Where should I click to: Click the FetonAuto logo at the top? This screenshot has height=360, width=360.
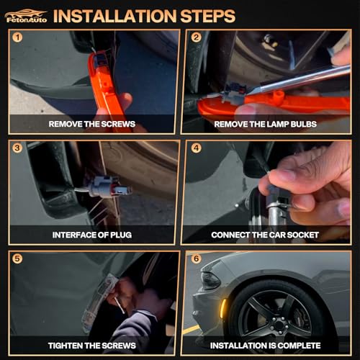pyautogui.click(x=26, y=16)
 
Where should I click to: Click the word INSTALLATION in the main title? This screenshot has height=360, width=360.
pyautogui.click(x=114, y=16)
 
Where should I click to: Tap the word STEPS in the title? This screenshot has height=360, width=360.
pyautogui.click(x=207, y=16)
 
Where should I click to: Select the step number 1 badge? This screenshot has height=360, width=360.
pyautogui.click(x=17, y=37)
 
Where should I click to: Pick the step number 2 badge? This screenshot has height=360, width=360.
pyautogui.click(x=196, y=37)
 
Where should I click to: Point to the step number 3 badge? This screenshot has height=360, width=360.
pyautogui.click(x=17, y=148)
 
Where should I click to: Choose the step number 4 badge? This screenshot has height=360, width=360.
pyautogui.click(x=196, y=148)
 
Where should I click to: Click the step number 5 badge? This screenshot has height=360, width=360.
pyautogui.click(x=17, y=258)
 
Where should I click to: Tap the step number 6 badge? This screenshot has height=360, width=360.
pyautogui.click(x=196, y=258)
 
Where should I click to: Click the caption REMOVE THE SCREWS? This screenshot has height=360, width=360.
pyautogui.click(x=92, y=124)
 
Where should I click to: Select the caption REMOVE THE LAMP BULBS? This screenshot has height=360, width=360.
pyautogui.click(x=265, y=124)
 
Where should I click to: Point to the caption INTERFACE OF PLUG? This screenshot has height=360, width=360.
pyautogui.click(x=92, y=235)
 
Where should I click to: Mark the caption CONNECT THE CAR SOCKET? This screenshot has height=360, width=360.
pyautogui.click(x=265, y=235)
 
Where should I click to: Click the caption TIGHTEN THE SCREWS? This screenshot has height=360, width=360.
pyautogui.click(x=92, y=346)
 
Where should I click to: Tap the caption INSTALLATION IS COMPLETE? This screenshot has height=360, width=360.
pyautogui.click(x=265, y=346)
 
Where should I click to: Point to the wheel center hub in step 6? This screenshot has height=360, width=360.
pyautogui.click(x=279, y=325)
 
